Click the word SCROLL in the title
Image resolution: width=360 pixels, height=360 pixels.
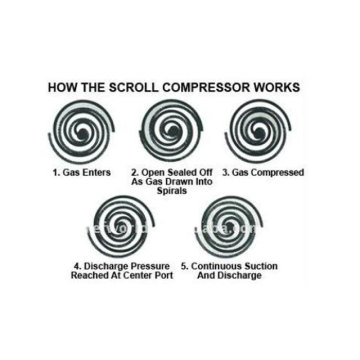[x=131, y=87]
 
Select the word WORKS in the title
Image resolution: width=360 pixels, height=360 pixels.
[x=277, y=87]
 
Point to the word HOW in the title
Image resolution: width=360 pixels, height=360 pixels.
[x=60, y=87]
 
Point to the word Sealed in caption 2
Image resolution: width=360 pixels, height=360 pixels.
[x=176, y=173]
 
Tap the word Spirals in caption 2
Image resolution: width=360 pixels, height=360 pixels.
[x=172, y=191]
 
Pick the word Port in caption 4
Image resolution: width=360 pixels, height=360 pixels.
[x=165, y=276]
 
